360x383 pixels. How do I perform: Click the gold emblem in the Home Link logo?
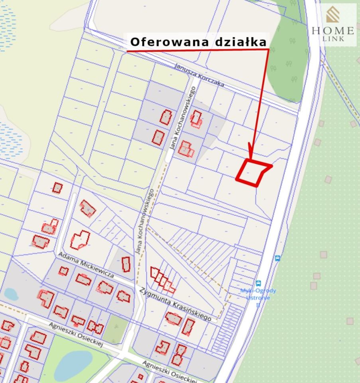333,15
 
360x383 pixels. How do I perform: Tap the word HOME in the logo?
333,30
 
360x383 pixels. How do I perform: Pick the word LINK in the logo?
333,39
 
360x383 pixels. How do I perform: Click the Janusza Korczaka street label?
199,75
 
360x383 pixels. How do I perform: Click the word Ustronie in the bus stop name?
258,298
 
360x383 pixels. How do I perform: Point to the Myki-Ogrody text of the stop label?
258,291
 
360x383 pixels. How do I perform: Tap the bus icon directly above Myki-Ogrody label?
258,283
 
